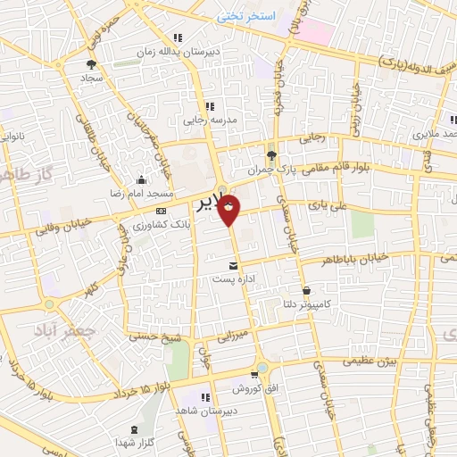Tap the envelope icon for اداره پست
pyautogui.click(x=234, y=265)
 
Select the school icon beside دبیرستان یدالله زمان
pyautogui.click(x=178, y=37)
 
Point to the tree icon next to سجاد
pyautogui.click(x=90, y=63)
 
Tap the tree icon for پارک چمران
pyautogui.click(x=271, y=154)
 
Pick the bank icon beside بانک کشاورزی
pyautogui.click(x=161, y=210)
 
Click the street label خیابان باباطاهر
pyautogui.click(x=357, y=257)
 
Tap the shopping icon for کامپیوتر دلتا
pyautogui.click(x=307, y=290)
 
